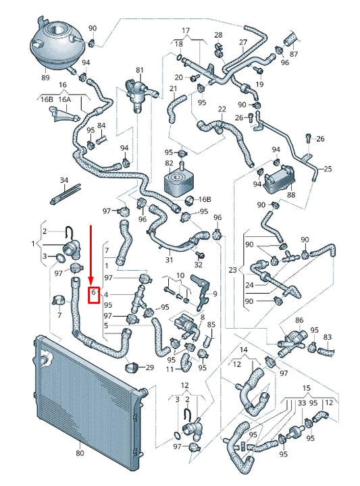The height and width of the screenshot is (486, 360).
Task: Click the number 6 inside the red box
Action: pyautogui.click(x=95, y=294)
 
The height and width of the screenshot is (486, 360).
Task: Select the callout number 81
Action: pyautogui.click(x=140, y=70)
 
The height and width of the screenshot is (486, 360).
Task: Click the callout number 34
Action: pyautogui.click(x=64, y=181)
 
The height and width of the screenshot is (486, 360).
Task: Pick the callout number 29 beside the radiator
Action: pyautogui.click(x=150, y=367)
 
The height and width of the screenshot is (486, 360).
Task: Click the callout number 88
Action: pyautogui.click(x=291, y=196)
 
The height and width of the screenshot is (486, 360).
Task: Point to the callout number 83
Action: pyautogui.click(x=328, y=336)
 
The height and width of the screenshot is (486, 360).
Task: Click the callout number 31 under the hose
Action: pyautogui.click(x=169, y=260)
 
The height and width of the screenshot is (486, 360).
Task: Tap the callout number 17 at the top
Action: pyautogui.click(x=186, y=30)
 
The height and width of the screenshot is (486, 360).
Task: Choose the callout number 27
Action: pyautogui.click(x=243, y=42)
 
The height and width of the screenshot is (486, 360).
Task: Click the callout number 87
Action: pyautogui.click(x=294, y=53)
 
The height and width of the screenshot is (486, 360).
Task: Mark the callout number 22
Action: pyautogui.click(x=222, y=109)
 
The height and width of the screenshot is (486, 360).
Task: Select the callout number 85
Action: pyautogui.click(x=211, y=325)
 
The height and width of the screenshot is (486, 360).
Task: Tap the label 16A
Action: pyautogui.click(x=65, y=99)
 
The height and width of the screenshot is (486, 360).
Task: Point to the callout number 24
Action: pyautogui.click(x=249, y=284)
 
